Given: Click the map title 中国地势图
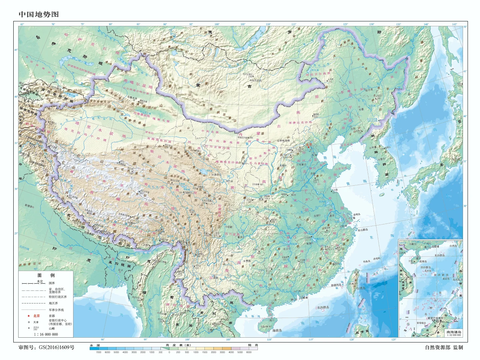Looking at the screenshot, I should [39, 14].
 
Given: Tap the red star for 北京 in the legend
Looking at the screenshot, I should [29, 316].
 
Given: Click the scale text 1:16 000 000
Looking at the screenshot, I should [46, 334].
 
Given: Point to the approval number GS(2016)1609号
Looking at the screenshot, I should [46, 347].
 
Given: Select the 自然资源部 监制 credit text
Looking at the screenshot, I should [444, 347].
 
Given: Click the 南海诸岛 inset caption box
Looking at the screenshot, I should [454, 333].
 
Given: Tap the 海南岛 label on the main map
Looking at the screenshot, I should [278, 330].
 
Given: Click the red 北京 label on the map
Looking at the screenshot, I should [309, 145].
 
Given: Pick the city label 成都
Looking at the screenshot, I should [229, 227].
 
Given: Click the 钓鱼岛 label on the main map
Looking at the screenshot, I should [367, 261].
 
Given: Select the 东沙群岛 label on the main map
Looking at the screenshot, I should [323, 307].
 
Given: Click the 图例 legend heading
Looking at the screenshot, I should [46, 275].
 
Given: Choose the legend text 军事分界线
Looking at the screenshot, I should [56, 310].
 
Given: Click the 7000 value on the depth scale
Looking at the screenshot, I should [98, 352].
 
